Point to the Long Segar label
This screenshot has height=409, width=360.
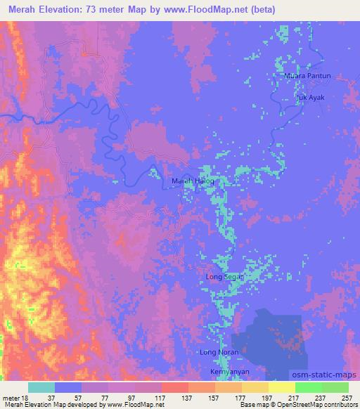point(224,277)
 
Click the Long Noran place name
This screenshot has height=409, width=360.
point(220,352)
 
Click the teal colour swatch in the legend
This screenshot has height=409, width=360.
point(41,387)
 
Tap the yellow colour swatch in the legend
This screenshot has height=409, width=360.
point(282,387)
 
